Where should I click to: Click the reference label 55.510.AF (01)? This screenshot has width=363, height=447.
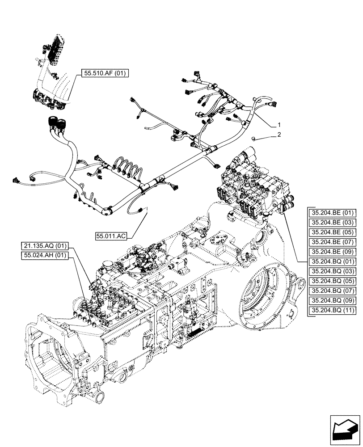point(105,74)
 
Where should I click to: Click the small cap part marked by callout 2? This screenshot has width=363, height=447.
point(254,139)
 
